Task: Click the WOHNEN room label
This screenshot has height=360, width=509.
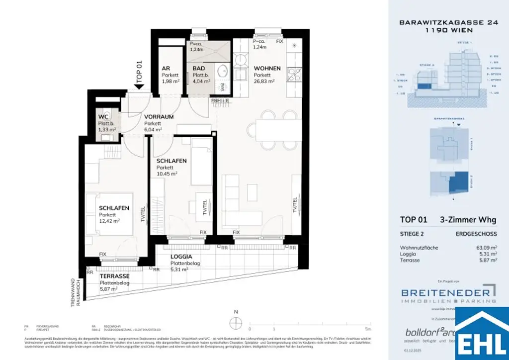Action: coord(267,69)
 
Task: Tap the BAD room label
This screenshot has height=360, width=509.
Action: coord(199,69)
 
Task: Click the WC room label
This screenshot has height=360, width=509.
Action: coord(104,117)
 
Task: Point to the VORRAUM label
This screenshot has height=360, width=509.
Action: coord(159,117)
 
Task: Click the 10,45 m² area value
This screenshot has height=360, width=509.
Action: coord(167,174)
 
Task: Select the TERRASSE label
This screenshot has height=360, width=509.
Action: coord(115,276)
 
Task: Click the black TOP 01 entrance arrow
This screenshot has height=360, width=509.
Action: coord(139,86)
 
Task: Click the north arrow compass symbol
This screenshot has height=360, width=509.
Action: coord(237,322)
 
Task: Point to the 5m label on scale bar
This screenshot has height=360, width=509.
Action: coord(367,329)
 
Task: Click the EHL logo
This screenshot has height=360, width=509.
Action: coord(482,334)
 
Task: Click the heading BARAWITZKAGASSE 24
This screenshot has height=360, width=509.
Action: coord(436,22)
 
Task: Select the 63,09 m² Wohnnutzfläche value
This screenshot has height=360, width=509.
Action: coord(487,248)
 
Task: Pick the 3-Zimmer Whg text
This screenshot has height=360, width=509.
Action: coord(468,220)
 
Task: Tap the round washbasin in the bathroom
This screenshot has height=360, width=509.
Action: coord(223,71)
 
